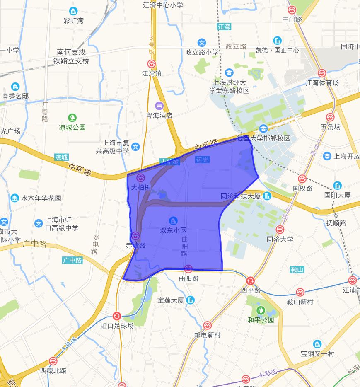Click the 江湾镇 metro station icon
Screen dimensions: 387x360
tap(152, 64)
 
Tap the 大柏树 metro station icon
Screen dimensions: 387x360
tap(140, 178)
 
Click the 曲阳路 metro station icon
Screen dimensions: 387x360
tap(188, 268)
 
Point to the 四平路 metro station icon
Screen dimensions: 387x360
tap(251, 281)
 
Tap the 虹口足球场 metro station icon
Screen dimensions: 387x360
tap(117, 316)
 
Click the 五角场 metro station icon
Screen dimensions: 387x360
tap(330, 117)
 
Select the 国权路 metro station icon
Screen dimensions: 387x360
tap(302, 179)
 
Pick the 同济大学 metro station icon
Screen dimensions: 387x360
tap(280, 230)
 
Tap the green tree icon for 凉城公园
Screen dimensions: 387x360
tap(72, 118)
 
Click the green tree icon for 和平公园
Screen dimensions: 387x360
tap(261, 310)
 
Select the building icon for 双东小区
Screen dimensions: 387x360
tap(174, 220)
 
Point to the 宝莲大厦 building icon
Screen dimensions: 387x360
tap(190, 300)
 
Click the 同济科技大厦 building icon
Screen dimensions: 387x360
tap(267, 196)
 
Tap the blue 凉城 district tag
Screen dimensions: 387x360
tap(61, 157)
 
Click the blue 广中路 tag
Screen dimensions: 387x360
tap(72, 260)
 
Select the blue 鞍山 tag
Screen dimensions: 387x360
tap(297, 270)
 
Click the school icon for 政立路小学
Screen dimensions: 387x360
tap(202, 42)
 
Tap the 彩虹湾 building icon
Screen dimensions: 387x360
tap(73, 11)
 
